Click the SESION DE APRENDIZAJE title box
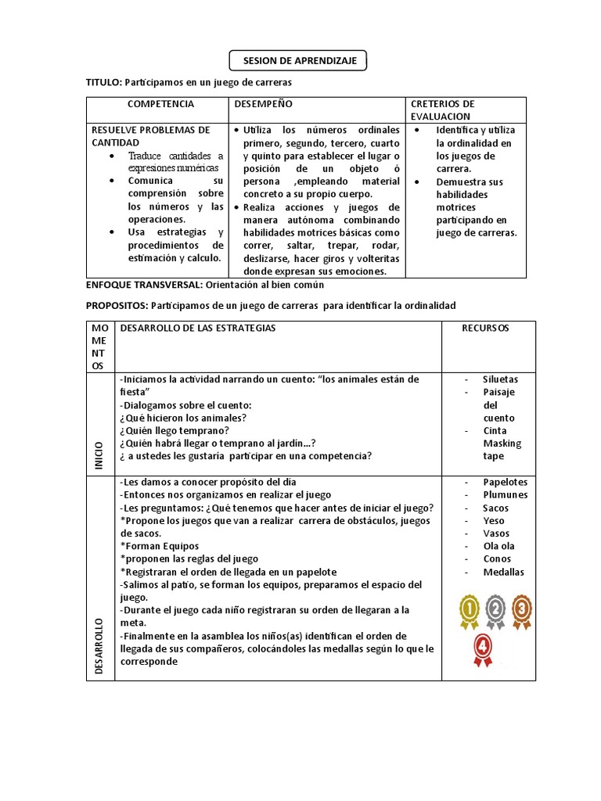click(298, 59)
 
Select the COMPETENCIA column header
click(160, 104)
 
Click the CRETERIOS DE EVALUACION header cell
click(443, 110)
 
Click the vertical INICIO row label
click(99, 454)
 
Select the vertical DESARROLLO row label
click(99, 646)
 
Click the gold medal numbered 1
click(470, 611)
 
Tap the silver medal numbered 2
click(495, 611)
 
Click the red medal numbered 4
click(483, 649)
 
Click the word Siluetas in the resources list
click(500, 379)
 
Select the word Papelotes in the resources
click(505, 483)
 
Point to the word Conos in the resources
click(497, 559)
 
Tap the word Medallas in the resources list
click(503, 572)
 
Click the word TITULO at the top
click(103, 82)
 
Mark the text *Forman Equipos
click(159, 546)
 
